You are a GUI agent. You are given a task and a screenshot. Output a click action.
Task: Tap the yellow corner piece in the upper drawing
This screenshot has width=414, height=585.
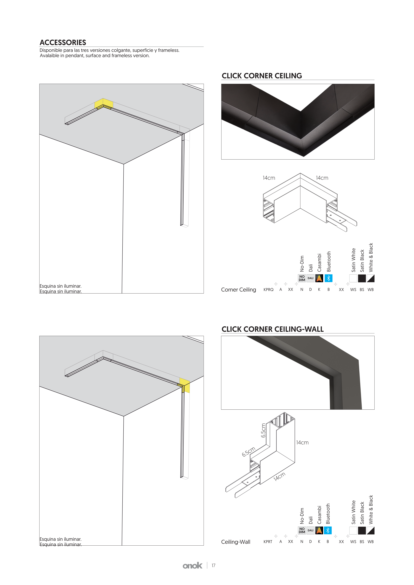click(x=104, y=104)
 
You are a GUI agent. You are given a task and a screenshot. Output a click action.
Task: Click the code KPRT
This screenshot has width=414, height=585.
click(x=268, y=542)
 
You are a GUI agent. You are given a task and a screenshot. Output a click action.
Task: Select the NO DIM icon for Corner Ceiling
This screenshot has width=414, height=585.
click(x=302, y=278)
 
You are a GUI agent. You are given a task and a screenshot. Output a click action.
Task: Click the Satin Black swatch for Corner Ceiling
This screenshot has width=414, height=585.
click(x=362, y=278)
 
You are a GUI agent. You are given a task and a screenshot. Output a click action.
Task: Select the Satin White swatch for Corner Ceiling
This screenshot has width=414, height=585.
click(x=353, y=278)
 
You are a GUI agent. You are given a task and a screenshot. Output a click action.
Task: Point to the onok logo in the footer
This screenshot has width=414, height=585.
click(x=192, y=566)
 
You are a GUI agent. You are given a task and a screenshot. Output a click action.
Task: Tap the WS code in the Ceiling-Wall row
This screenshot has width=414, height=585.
click(x=353, y=542)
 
